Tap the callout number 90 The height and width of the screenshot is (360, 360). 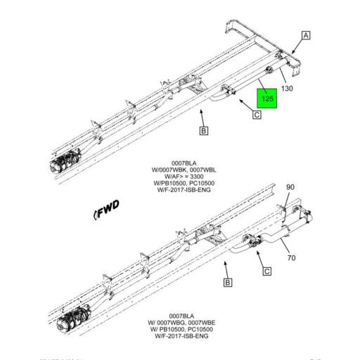(291, 187)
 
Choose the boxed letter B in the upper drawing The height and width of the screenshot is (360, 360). (203, 130)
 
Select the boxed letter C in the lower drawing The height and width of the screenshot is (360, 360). (266, 270)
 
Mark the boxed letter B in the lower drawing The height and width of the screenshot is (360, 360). (227, 283)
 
